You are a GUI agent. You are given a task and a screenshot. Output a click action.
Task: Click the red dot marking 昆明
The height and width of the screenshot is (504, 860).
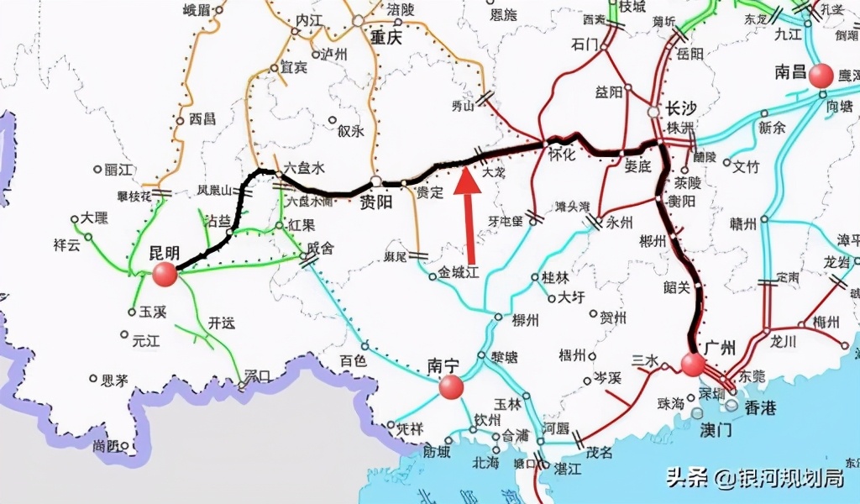[x=165, y=273]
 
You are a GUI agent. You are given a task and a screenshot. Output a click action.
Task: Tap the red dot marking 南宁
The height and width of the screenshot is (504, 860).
[x=451, y=386]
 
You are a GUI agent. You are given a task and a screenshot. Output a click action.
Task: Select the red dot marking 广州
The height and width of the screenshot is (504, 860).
[x=693, y=364]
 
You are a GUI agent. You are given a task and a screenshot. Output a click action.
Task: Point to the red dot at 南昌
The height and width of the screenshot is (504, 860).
[x=821, y=75]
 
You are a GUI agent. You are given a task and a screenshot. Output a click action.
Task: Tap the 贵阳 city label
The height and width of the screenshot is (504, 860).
[x=376, y=202]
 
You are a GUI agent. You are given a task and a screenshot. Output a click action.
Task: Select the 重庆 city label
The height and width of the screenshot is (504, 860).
[x=386, y=38]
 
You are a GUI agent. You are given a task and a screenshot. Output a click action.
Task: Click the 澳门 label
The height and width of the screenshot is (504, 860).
[x=716, y=429]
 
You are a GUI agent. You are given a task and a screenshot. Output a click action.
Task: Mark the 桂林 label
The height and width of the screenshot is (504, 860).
[x=555, y=278]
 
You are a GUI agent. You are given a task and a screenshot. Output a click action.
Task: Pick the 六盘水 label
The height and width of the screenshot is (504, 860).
[x=305, y=168]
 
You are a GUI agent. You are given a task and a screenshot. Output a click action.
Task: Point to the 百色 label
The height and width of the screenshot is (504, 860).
[x=354, y=360]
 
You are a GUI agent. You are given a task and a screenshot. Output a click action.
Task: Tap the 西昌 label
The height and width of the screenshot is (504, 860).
[x=203, y=119]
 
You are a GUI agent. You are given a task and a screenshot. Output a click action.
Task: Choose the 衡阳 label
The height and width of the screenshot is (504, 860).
[x=680, y=202]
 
